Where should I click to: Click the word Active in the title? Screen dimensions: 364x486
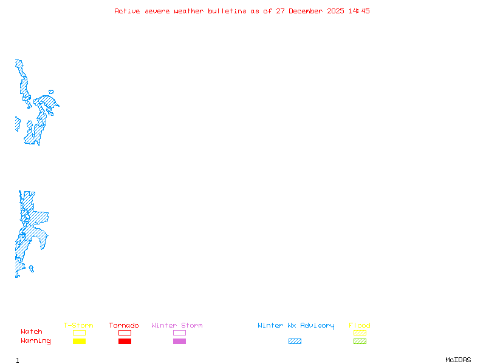(128, 11)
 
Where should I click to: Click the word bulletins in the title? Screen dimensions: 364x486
(227, 11)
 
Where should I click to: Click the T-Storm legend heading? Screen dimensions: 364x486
(78, 326)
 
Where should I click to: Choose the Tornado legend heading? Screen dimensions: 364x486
(124, 326)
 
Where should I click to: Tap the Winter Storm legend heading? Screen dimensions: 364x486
(177, 326)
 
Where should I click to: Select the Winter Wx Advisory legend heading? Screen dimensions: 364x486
(296, 326)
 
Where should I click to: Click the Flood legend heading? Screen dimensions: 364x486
(360, 326)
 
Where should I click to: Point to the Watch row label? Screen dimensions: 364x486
(32, 332)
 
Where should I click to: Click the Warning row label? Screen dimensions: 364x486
(36, 341)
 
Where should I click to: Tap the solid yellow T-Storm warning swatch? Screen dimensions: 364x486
(79, 342)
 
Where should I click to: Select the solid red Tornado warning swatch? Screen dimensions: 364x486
(125, 342)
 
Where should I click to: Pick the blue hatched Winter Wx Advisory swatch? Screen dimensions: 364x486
(295, 342)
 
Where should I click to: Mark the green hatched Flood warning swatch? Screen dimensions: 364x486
(360, 342)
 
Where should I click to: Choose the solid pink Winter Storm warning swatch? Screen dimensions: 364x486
(179, 342)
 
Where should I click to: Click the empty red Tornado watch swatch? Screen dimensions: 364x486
(125, 332)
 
